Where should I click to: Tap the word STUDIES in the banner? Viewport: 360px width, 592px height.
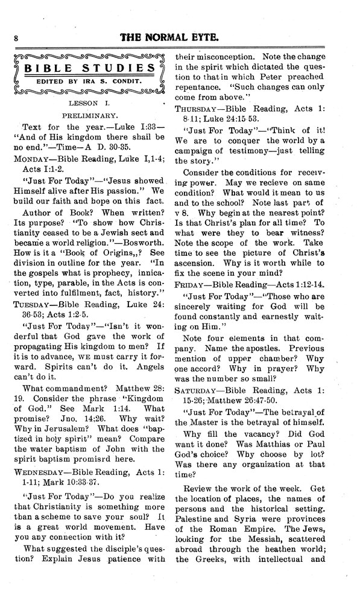[x=121, y=68]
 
